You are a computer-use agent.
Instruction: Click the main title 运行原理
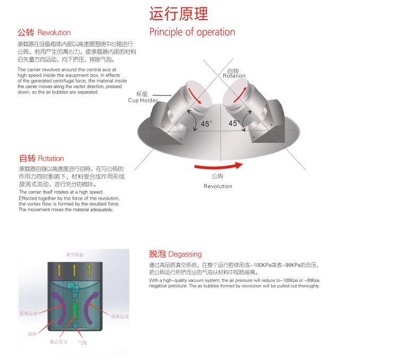click(179, 13)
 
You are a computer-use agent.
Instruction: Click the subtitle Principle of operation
click(192, 32)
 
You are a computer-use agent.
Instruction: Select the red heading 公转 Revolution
click(44, 32)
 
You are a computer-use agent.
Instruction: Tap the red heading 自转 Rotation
click(41, 158)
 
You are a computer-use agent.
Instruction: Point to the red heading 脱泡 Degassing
click(175, 254)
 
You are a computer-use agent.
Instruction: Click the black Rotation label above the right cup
click(234, 76)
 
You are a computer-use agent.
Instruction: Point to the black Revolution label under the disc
click(218, 186)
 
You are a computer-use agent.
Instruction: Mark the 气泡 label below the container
click(82, 342)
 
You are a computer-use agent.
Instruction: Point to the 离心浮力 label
click(58, 342)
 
